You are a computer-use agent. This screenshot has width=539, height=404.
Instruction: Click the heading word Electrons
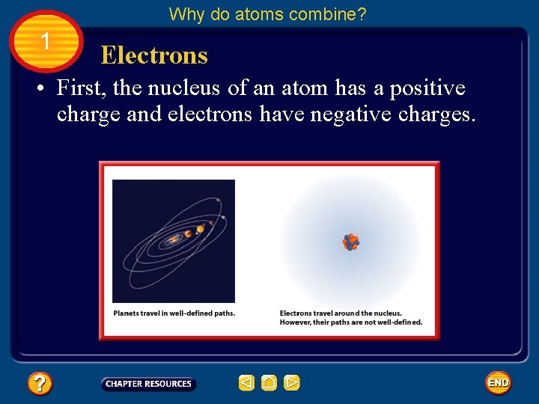point(154,55)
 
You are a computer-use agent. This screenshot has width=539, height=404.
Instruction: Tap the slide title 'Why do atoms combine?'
point(267,14)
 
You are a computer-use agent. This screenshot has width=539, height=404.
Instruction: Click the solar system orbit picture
point(174,240)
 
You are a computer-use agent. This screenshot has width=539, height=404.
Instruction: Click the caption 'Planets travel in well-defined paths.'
point(174,313)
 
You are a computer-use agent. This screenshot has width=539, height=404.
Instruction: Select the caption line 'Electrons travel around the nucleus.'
point(341,313)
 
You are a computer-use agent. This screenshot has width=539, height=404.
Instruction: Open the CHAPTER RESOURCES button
point(148,384)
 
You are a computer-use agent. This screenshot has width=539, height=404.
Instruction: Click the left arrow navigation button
point(246,384)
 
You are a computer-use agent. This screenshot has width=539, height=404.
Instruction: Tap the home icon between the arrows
point(269,384)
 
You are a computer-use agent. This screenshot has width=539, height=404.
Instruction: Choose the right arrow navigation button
point(292,384)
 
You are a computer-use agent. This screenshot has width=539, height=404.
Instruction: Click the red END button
point(498,383)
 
